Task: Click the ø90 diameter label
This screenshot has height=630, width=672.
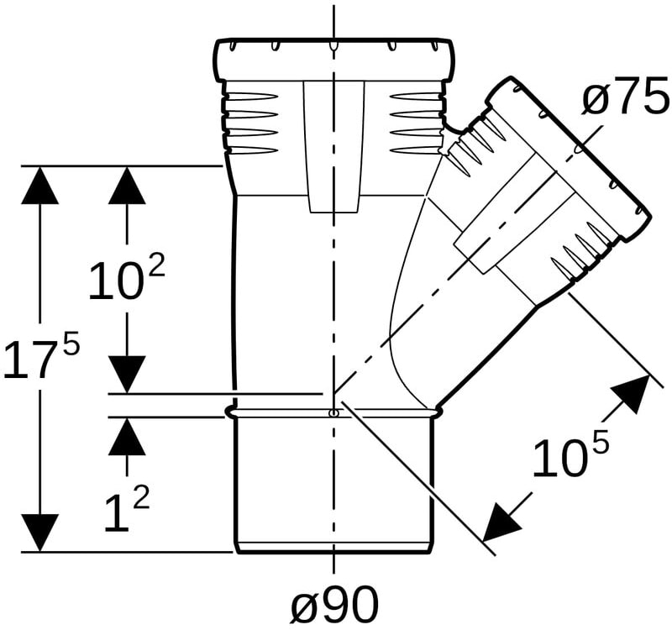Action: tap(335, 602)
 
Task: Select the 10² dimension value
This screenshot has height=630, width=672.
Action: tap(127, 279)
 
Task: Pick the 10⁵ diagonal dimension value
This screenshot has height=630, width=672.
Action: tap(570, 455)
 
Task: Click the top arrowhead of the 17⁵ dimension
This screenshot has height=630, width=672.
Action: tap(39, 185)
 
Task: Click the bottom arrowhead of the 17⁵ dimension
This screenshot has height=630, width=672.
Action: tap(39, 533)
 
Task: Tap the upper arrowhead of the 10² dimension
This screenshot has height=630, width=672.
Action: tap(127, 185)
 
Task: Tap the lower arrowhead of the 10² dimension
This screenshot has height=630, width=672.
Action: tap(127, 374)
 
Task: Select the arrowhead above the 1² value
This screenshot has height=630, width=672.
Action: tap(127, 436)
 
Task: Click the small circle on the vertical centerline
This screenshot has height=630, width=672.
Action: tap(333, 413)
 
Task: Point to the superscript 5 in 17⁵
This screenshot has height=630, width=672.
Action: tap(71, 340)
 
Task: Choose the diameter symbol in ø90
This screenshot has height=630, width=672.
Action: tap(304, 604)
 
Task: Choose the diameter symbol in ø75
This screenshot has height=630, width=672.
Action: tap(596, 99)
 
